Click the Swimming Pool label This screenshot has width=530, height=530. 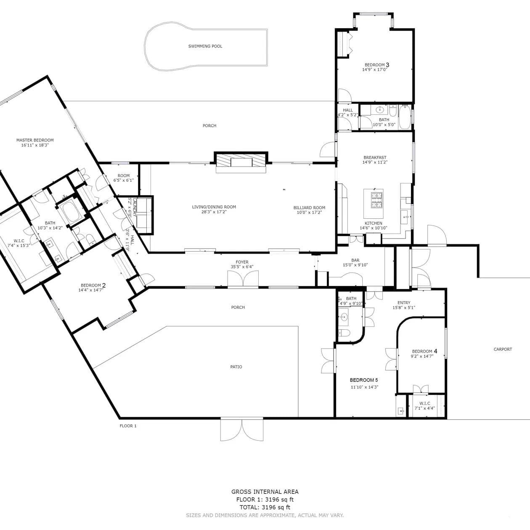point(205,46)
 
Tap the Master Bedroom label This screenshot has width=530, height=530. point(35,140)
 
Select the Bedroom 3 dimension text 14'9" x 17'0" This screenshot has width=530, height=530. point(375,70)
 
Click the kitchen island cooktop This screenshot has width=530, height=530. point(377,200)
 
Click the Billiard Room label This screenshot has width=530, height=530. point(310,208)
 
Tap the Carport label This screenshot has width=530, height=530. point(503,349)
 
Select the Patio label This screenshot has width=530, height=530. point(236,367)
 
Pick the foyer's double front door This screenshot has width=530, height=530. point(243,279)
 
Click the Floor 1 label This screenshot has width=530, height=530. point(128,426)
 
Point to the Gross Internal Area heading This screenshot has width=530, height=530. point(265,492)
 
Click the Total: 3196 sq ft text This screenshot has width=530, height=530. point(265,507)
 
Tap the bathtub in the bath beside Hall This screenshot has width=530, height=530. point(405,117)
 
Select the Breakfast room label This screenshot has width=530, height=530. point(375,158)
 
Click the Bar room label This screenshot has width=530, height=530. point(355,260)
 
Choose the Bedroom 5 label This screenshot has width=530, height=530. point(364,380)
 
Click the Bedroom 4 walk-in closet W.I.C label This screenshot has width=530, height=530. point(425,403)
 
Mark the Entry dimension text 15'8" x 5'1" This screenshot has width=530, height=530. point(404,308)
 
